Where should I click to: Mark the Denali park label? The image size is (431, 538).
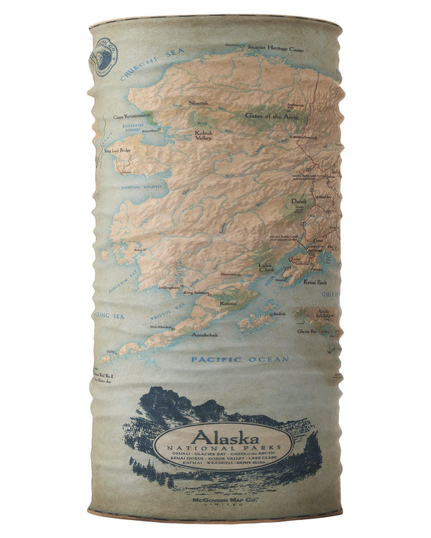click(x=299, y=203)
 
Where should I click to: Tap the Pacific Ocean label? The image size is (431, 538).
click(x=240, y=359)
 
